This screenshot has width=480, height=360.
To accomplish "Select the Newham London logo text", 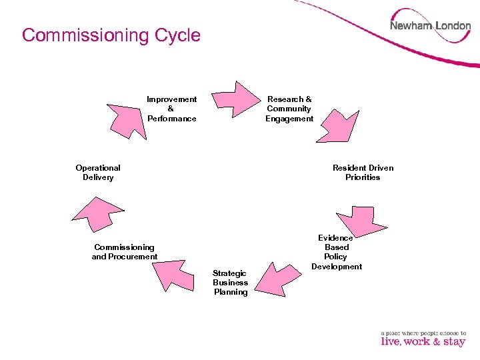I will (430, 26).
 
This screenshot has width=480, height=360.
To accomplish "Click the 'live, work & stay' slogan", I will (423, 342).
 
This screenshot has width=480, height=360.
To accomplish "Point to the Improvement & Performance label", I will (171, 109).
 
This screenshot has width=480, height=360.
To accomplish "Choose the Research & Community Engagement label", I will (289, 109).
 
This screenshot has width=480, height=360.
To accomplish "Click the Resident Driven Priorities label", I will (363, 173).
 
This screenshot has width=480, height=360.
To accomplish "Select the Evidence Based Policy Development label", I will (337, 252).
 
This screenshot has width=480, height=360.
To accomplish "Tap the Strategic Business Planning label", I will (231, 283).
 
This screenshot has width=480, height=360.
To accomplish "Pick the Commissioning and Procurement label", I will (125, 252).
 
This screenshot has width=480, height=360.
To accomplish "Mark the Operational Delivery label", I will (98, 173).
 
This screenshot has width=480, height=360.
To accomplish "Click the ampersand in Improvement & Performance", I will (171, 109).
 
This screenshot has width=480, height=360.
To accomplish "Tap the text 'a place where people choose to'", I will (423, 333).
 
